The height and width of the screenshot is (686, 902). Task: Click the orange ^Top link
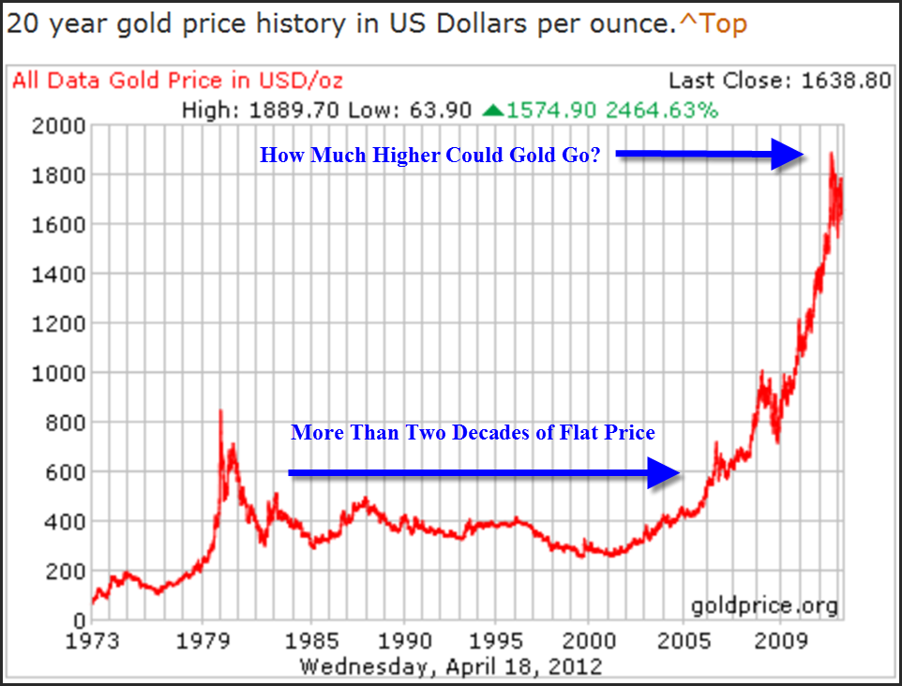(x=713, y=23)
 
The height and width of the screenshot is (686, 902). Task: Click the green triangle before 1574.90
(x=492, y=111)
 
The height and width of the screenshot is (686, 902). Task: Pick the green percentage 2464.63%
(x=662, y=111)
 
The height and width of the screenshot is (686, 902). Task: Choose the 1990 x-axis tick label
(x=404, y=642)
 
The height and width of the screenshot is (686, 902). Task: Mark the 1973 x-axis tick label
(x=91, y=642)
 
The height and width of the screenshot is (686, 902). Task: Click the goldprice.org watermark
(x=764, y=605)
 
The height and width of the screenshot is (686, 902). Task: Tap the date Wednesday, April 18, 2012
(x=450, y=666)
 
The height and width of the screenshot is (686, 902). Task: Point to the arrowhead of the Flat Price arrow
(x=665, y=474)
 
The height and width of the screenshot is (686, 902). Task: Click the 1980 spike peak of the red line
(x=220, y=411)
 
